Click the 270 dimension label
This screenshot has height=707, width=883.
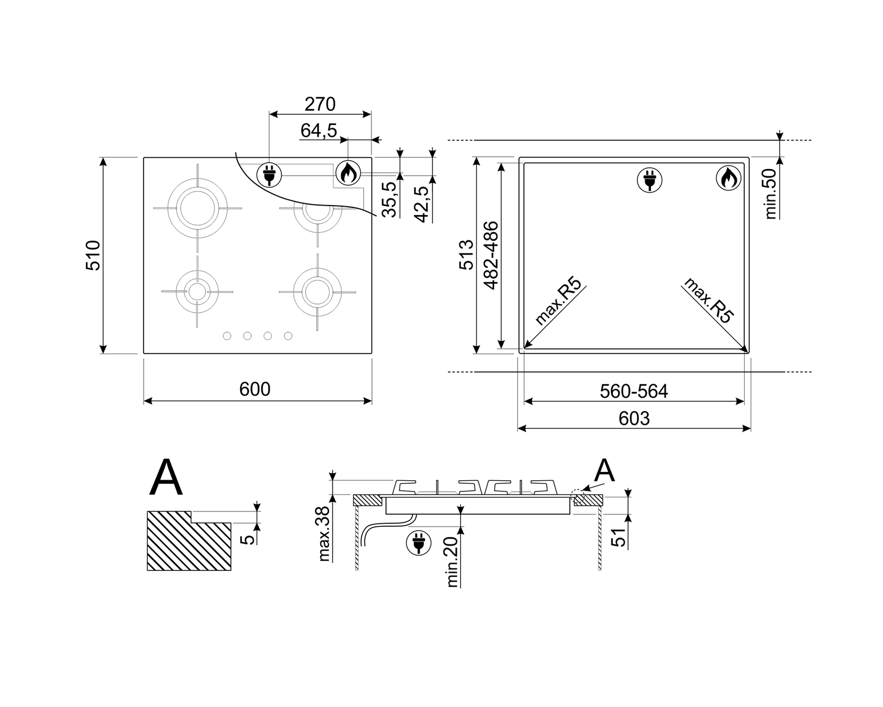[320, 104]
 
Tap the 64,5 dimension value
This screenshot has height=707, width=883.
[319, 131]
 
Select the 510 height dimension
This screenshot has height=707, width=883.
[93, 256]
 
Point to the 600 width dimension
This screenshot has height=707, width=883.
[255, 389]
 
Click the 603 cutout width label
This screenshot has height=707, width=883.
[634, 419]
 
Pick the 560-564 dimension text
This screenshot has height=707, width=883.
[634, 391]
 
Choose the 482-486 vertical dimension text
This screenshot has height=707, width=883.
[491, 256]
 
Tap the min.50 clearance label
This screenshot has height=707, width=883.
[771, 194]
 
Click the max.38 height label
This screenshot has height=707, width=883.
[324, 534]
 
